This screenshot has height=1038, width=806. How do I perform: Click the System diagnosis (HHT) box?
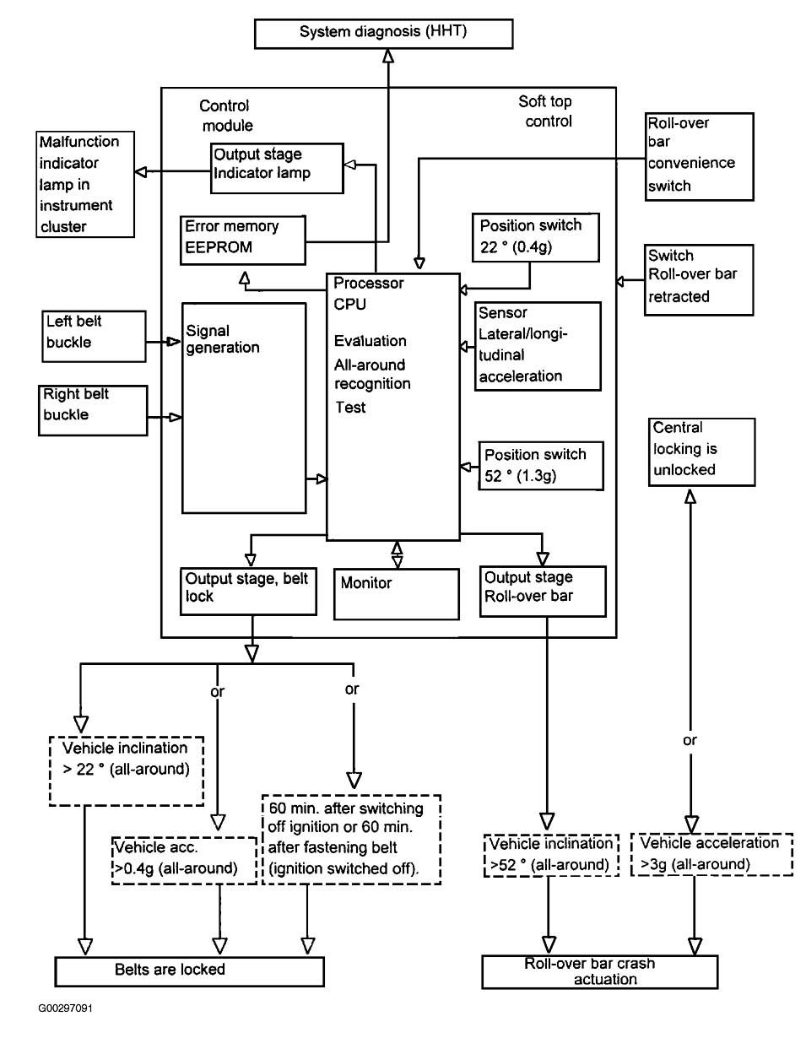tap(383, 34)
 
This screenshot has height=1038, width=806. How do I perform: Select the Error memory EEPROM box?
tap(242, 240)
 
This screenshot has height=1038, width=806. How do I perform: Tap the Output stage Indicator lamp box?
tap(277, 168)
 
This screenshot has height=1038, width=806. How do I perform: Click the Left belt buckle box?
tap(94, 336)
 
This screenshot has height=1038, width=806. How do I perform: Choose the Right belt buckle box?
tap(93, 410)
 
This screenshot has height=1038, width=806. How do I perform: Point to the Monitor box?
tap(397, 594)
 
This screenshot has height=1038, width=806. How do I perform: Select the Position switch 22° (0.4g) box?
tap(536, 237)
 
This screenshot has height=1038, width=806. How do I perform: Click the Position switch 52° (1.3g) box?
tap(541, 466)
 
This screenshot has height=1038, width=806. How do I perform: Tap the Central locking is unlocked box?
tap(701, 451)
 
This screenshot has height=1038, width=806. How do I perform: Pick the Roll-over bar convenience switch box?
tap(699, 157)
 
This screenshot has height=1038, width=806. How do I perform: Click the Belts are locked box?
tap(189, 971)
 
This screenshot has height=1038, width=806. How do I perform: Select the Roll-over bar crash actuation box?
tap(600, 972)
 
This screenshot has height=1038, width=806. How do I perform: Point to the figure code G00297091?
tap(66, 1008)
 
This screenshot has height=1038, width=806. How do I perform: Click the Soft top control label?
tap(546, 111)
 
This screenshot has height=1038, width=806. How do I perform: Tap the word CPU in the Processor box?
tap(349, 305)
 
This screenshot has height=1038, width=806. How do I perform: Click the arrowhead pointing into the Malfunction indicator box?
tap(141, 171)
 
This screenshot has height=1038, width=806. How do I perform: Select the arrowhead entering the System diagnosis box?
tap(389, 56)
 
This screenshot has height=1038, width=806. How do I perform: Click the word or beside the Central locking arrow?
tap(690, 740)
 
